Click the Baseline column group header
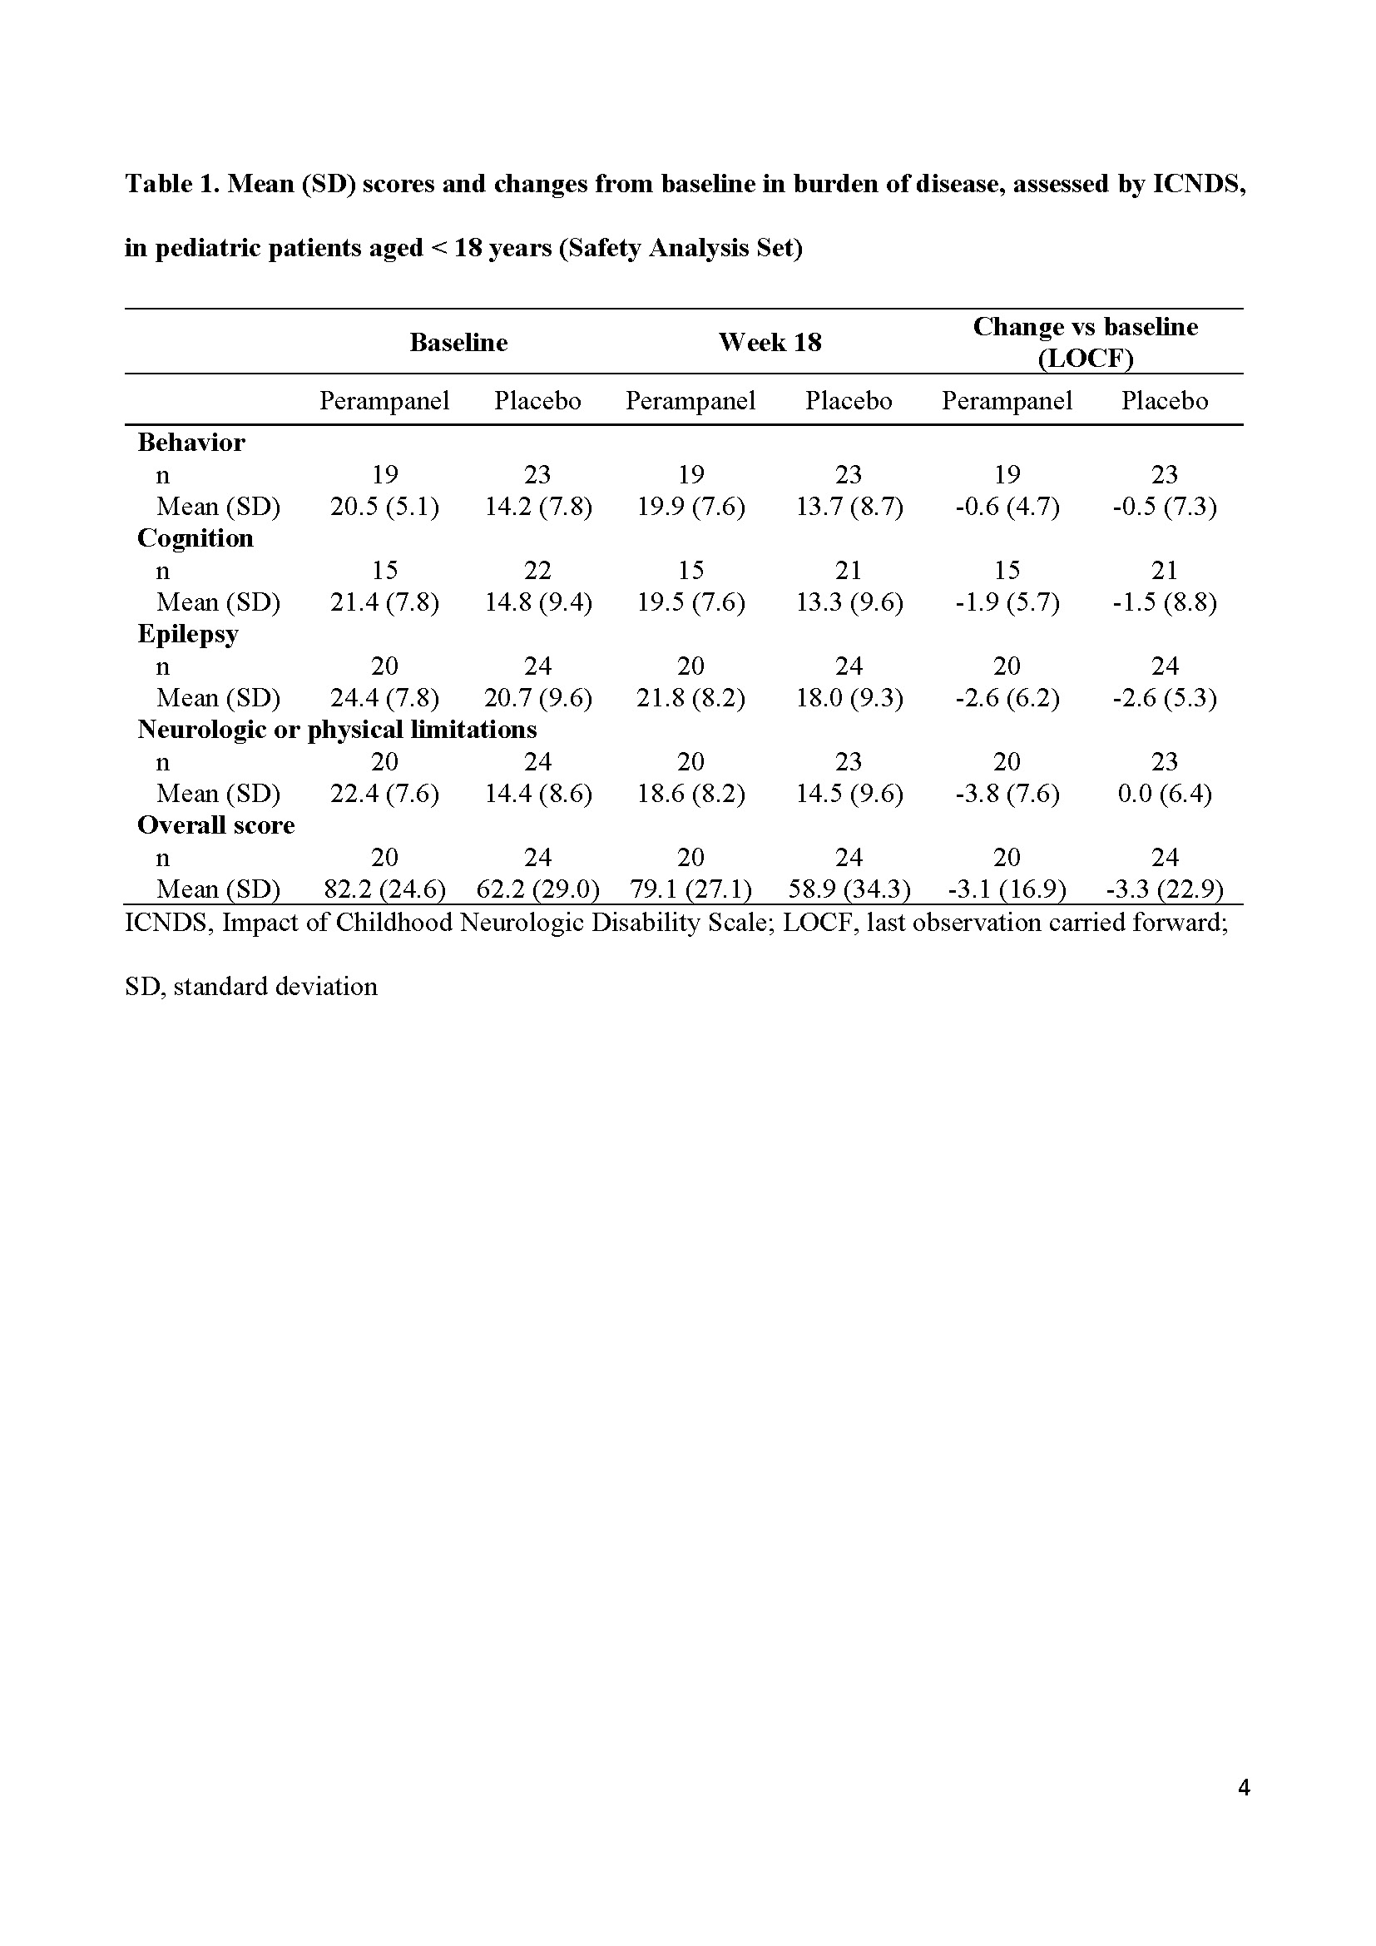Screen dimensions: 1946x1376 click(x=458, y=343)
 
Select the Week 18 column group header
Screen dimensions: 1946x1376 click(x=770, y=343)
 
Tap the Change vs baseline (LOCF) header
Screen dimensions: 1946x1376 click(x=1085, y=343)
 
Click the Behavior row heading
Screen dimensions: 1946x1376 click(x=191, y=443)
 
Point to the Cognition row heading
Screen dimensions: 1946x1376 click(x=195, y=538)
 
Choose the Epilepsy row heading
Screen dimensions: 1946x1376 click(x=188, y=634)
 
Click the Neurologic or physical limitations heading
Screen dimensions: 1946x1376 click(x=337, y=730)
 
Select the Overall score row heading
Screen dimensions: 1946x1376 click(x=216, y=825)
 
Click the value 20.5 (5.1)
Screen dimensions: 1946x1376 click(x=384, y=507)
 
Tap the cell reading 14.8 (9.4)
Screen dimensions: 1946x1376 click(x=538, y=602)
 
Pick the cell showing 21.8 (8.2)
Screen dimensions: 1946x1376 click(x=690, y=698)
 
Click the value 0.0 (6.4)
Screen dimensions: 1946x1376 click(x=1164, y=795)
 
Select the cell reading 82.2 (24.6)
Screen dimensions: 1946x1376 click(x=384, y=890)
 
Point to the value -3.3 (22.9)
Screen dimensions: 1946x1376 click(x=1164, y=890)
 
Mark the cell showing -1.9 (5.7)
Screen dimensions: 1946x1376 click(x=1007, y=602)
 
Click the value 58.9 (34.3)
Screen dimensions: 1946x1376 click(x=849, y=890)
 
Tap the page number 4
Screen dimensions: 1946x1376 click(x=1244, y=1789)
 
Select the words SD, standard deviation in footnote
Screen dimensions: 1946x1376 click(x=250, y=987)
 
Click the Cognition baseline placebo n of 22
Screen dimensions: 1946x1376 click(x=538, y=571)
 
